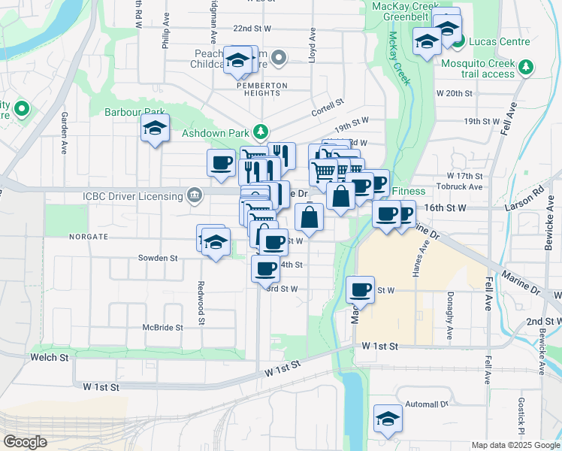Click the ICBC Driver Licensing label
132,197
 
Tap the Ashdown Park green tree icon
261,132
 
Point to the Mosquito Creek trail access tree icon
526,68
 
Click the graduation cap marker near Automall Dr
388,418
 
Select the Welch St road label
49,356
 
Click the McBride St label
163,328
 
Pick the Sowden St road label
157,257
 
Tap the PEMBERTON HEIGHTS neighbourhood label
262,86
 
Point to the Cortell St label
328,106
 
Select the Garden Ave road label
65,129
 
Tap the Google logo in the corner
26,441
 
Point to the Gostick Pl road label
521,416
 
